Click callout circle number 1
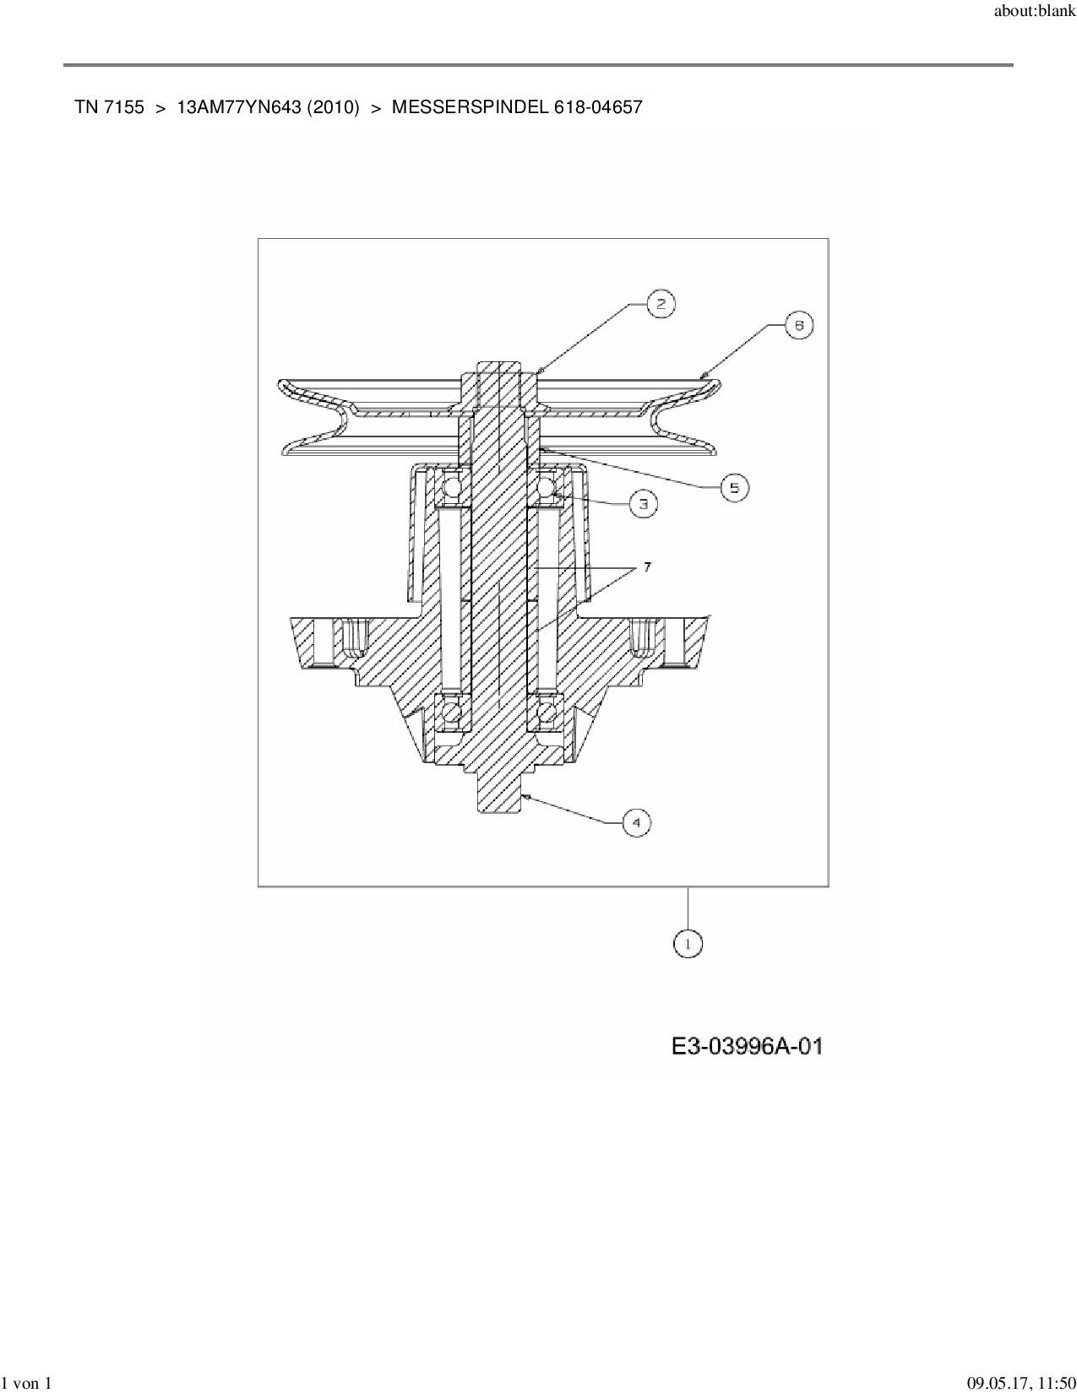tap(688, 944)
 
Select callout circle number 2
tap(661, 304)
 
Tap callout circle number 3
tap(644, 504)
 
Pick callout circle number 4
tap(637, 822)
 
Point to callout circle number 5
tap(734, 487)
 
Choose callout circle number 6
tap(798, 325)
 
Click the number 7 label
tap(648, 567)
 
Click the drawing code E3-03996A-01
tap(747, 1047)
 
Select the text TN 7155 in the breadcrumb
tap(109, 107)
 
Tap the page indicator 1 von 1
tap(27, 1383)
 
